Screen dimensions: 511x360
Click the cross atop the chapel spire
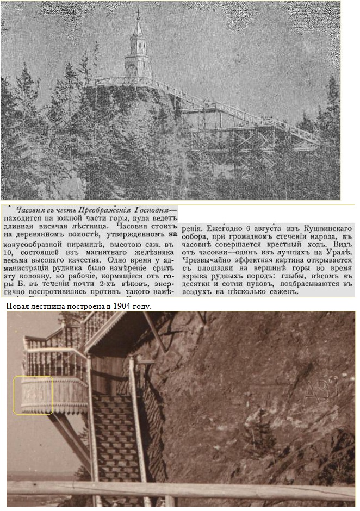point(138,13)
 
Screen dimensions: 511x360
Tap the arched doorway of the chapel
point(132,70)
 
